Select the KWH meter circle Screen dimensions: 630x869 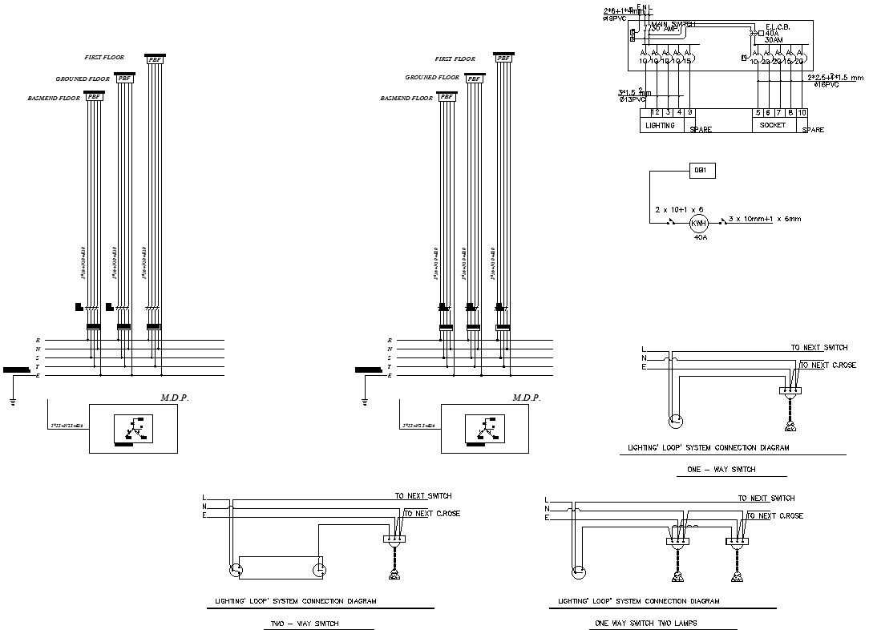tap(698, 222)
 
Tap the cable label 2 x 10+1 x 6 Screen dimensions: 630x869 tap(679, 208)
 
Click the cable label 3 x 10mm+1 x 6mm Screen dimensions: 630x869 tap(765, 218)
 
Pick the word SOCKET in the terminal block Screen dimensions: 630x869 tap(773, 126)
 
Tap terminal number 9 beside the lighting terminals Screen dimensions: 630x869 tap(690, 112)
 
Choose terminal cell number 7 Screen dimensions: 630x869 tap(779, 113)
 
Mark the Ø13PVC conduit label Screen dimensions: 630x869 tap(631, 99)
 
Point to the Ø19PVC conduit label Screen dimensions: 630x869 tap(615, 18)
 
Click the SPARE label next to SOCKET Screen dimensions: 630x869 tap(812, 130)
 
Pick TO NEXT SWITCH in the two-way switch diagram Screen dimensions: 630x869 tap(423, 496)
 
